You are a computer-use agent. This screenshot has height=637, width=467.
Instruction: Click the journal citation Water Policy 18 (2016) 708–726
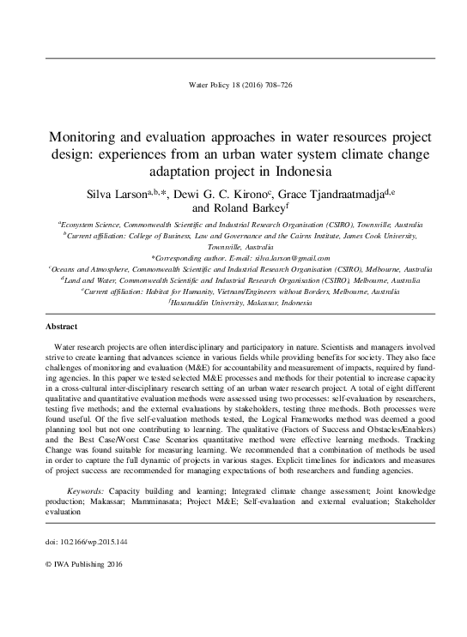coord(233,87)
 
